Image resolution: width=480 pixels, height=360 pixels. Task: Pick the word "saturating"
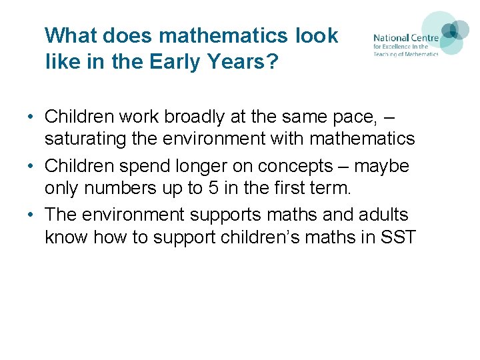(x=89, y=139)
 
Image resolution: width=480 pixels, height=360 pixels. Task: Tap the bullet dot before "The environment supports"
(x=31, y=215)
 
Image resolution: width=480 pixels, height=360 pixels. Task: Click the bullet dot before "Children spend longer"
(x=31, y=166)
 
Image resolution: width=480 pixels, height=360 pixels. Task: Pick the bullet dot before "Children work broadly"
(x=31, y=117)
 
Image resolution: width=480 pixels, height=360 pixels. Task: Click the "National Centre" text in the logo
(x=405, y=38)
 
